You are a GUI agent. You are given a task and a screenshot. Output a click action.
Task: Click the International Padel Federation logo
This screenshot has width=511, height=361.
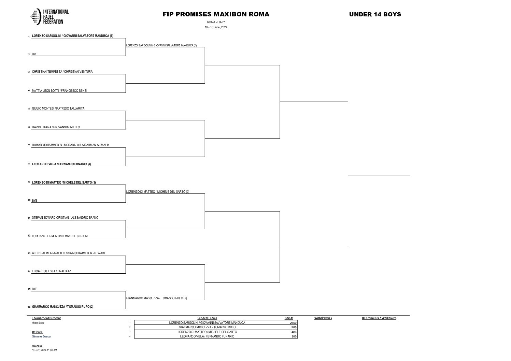pyautogui.click(x=50, y=16)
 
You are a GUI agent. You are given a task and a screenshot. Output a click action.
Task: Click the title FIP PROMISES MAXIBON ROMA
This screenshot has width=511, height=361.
pyautogui.click(x=216, y=14)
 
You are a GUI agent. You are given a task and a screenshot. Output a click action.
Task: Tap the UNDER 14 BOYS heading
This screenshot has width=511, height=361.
pyautogui.click(x=375, y=14)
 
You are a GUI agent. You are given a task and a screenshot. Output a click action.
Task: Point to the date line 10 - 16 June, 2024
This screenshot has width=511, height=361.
pyautogui.click(x=216, y=27)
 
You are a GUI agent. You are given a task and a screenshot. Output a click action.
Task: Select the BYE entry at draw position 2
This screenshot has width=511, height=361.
pyautogui.click(x=34, y=54)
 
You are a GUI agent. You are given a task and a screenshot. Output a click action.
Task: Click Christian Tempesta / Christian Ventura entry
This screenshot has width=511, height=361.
pyautogui.click(x=62, y=72)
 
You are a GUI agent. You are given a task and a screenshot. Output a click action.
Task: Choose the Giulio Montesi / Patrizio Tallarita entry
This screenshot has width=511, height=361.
pyautogui.click(x=58, y=109)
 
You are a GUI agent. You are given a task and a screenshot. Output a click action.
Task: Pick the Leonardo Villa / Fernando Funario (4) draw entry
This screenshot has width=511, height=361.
pyautogui.click(x=61, y=164)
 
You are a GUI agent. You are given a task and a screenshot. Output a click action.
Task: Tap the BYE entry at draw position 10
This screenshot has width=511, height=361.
pyautogui.click(x=34, y=201)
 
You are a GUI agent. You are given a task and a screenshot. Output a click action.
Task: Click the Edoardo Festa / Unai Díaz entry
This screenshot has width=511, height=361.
pyautogui.click(x=51, y=271)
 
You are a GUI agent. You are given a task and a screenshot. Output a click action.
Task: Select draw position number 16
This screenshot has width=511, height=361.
pyautogui.click(x=29, y=307)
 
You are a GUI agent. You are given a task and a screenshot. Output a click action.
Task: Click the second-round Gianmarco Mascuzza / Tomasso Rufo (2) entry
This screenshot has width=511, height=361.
pyautogui.click(x=157, y=298)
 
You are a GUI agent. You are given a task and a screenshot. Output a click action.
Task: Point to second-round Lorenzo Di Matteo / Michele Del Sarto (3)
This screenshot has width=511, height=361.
pyautogui.click(x=158, y=192)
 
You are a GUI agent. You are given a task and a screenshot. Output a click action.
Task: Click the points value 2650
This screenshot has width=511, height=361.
pyautogui.click(x=293, y=323)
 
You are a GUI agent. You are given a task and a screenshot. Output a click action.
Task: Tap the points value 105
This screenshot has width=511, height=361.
pyautogui.click(x=294, y=336)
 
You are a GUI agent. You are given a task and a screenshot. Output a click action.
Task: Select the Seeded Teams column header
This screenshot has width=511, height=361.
pyautogui.click(x=207, y=318)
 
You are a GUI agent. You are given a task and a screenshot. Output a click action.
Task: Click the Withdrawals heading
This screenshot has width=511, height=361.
pyautogui.click(x=323, y=318)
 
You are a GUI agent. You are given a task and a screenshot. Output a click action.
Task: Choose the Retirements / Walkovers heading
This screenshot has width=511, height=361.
pyautogui.click(x=379, y=318)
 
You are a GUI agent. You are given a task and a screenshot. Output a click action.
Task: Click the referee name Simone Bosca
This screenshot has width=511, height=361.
pyautogui.click(x=41, y=336)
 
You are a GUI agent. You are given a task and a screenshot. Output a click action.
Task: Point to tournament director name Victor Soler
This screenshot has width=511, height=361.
pyautogui.click(x=38, y=323)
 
